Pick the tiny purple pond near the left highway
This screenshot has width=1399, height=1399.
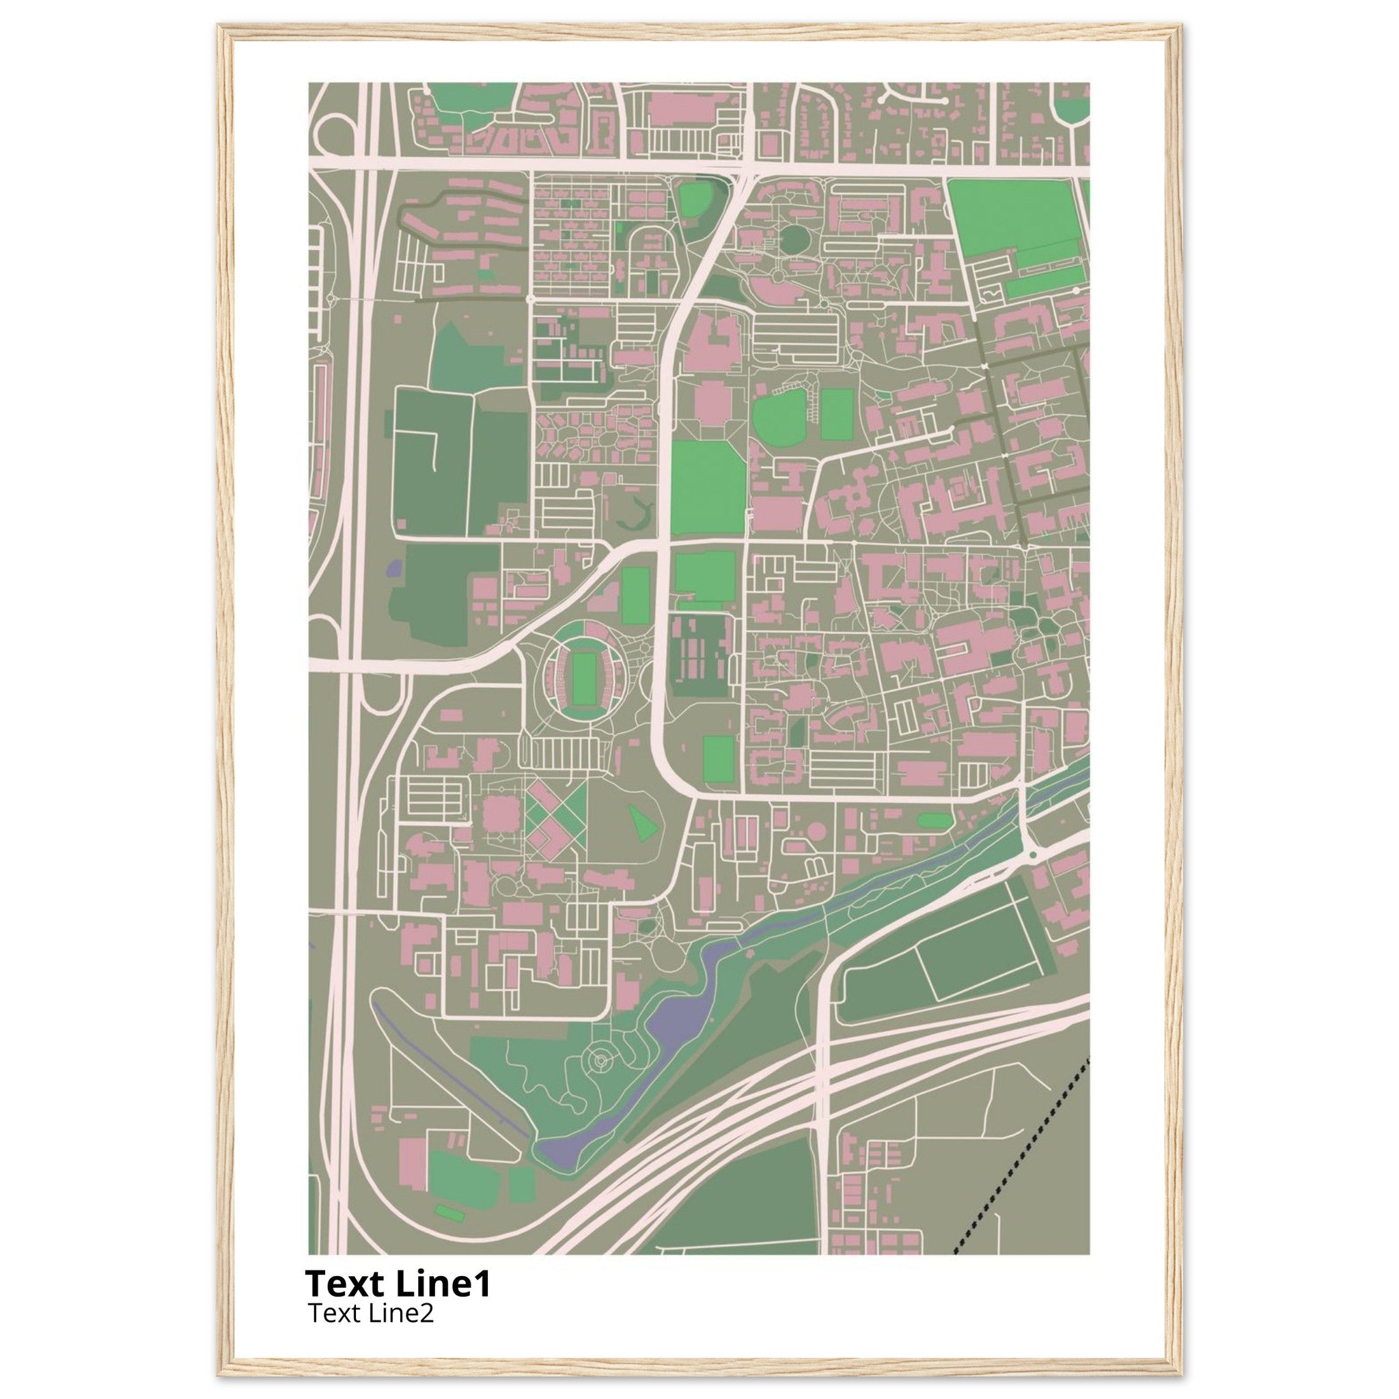(393, 567)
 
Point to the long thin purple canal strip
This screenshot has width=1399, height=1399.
(449, 1062)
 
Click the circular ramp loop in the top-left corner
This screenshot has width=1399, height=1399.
(334, 135)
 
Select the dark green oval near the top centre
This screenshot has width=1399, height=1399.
(794, 238)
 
